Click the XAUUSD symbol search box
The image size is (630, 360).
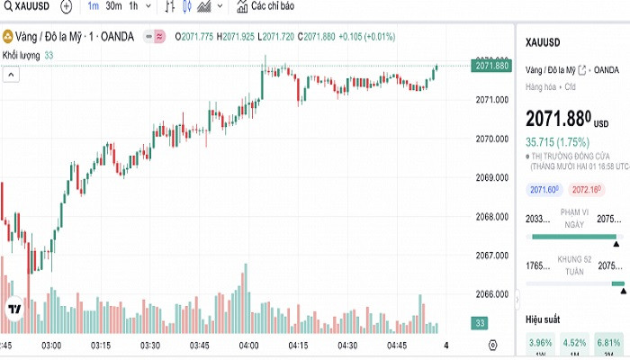(27, 6)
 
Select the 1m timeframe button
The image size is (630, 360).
(94, 6)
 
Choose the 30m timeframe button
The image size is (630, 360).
(113, 6)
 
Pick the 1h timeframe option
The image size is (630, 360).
(134, 6)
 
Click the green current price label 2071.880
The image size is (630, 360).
(492, 66)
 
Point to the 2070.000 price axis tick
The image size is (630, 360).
(492, 139)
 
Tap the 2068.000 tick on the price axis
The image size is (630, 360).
(492, 217)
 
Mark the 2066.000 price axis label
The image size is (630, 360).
(492, 294)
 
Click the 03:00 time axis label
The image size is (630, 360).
(51, 346)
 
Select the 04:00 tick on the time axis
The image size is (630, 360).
(248, 346)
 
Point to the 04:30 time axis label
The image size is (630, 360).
(347, 346)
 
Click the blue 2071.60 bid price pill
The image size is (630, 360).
(544, 190)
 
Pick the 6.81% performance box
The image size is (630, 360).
(608, 342)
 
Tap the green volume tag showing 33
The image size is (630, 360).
(481, 323)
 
